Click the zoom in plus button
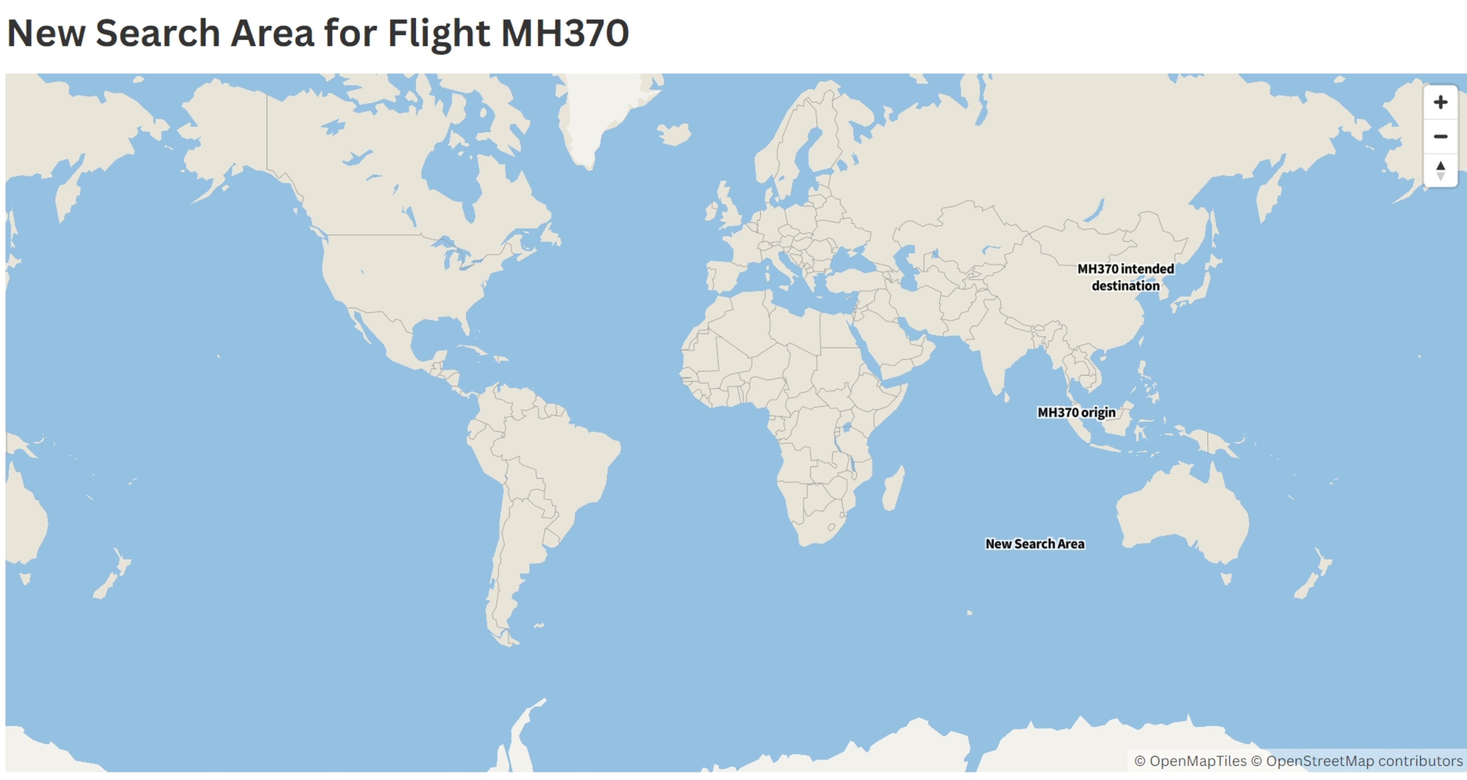(1440, 102)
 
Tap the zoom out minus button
(1440, 136)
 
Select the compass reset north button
(1440, 170)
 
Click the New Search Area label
(1035, 544)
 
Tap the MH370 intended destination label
(1125, 277)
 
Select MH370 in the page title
(564, 33)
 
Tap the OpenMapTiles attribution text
(1198, 761)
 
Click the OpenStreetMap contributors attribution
(1364, 761)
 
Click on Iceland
(674, 134)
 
